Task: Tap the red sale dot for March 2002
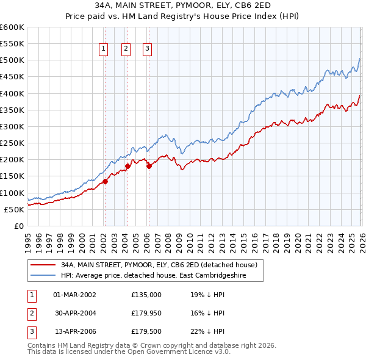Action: point(105,181)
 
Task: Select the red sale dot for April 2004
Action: point(128,166)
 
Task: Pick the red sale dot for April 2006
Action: point(149,166)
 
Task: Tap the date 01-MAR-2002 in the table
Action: point(74,294)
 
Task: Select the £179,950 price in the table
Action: point(146,313)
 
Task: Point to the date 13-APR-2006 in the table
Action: point(74,332)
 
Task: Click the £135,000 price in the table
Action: point(146,294)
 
